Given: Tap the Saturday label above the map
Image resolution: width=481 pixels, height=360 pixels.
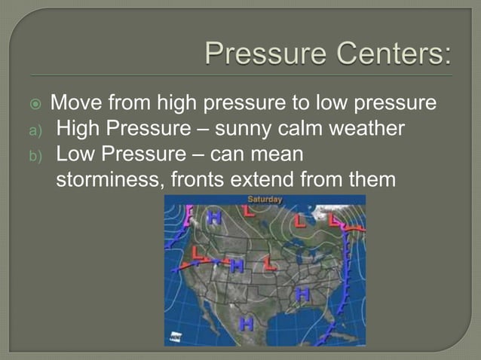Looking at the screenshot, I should pos(265,200).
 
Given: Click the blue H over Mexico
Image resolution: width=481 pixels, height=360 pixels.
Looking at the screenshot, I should pos(245,325).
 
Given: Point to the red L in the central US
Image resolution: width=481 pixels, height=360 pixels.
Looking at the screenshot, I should pos(268,264).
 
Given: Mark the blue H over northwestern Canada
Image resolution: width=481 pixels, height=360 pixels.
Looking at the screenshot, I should pos(215,218).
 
